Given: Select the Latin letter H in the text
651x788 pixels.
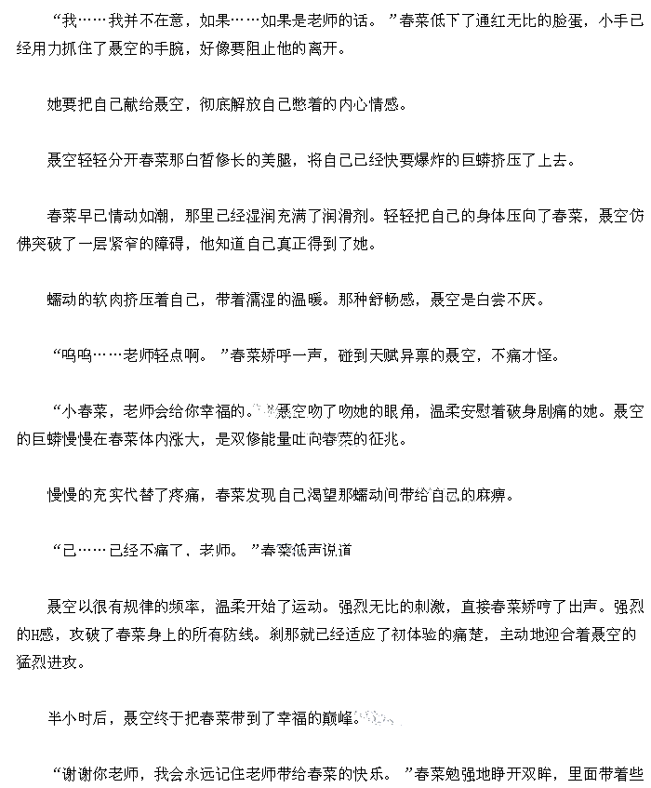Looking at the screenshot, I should coord(36,634).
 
